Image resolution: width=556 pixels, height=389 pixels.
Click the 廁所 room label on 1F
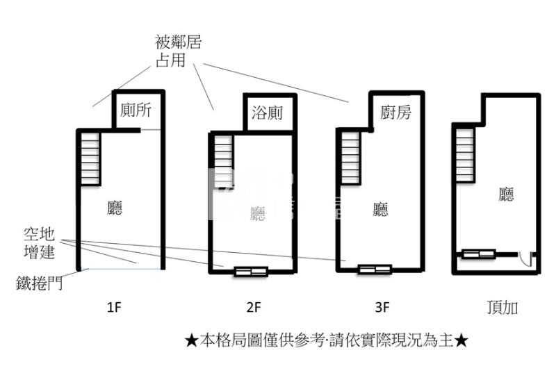click(136, 110)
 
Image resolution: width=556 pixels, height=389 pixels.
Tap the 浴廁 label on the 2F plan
click(268, 112)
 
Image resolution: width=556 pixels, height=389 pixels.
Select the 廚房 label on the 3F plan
click(395, 112)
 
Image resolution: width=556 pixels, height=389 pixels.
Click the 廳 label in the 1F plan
click(116, 208)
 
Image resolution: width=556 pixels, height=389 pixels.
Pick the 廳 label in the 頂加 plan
click(506, 194)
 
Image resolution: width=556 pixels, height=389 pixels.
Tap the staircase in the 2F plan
click(222, 160)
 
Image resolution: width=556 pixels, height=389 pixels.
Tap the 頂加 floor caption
click(502, 306)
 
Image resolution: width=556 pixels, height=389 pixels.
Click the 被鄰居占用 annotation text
click(179, 52)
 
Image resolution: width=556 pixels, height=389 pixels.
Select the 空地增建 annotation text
click(39, 242)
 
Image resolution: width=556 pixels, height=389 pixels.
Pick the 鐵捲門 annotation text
click(40, 282)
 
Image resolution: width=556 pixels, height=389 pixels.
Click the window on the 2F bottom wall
click(251, 272)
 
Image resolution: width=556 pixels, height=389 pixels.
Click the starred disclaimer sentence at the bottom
click(326, 340)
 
